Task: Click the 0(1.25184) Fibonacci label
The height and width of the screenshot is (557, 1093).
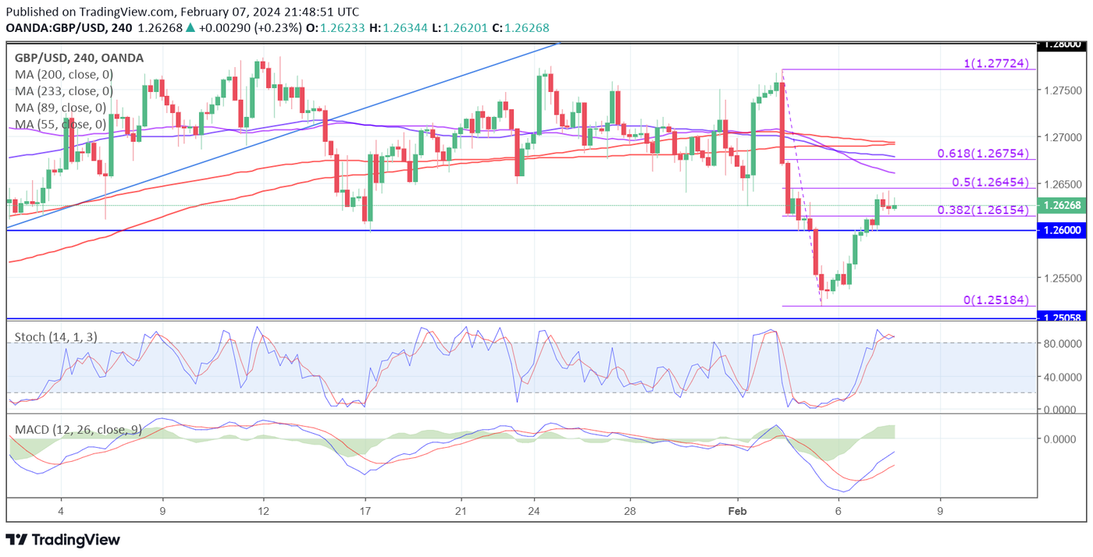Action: coord(995,300)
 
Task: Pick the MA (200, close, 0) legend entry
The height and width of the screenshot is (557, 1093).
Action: coord(64,74)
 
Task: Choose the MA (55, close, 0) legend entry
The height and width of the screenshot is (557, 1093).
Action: coord(60,124)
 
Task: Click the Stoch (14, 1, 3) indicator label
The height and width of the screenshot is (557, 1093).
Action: coord(57,337)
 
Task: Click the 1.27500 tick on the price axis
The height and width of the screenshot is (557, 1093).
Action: coord(1063,90)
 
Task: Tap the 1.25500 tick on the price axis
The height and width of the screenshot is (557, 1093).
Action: coord(1063,278)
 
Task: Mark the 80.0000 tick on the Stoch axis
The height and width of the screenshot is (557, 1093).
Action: coord(1064,343)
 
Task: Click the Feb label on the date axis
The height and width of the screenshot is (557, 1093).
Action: coord(737,511)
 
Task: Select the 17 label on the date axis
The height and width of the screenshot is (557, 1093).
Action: coord(365,511)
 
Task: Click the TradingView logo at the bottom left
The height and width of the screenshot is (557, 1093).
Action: coord(63,540)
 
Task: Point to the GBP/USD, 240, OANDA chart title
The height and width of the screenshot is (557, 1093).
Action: coord(79,58)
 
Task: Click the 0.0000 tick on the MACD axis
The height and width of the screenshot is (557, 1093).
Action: coord(1064,438)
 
